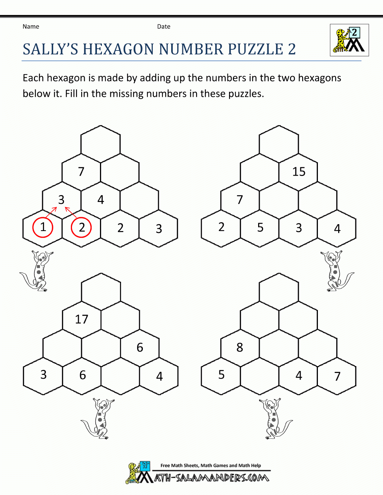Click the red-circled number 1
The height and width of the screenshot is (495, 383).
[x=43, y=227]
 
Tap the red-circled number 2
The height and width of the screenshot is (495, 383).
[x=82, y=227]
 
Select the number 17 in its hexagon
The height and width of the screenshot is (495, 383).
[x=82, y=319]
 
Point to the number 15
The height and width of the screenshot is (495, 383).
[x=299, y=172]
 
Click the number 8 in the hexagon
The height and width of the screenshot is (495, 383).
[x=240, y=347]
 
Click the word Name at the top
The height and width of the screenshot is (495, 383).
[x=31, y=26]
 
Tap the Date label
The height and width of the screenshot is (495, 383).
[x=164, y=26]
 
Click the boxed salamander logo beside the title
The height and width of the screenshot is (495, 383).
[x=349, y=40]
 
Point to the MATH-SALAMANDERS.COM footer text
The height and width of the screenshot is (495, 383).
[x=211, y=478]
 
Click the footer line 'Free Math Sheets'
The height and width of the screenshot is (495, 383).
[x=211, y=466]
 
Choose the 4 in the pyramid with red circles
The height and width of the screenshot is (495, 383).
[x=101, y=200]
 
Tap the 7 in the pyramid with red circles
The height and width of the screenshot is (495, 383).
[x=81, y=172]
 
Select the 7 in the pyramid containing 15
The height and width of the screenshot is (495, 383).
[x=240, y=200]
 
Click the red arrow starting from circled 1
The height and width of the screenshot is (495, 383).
[x=51, y=213]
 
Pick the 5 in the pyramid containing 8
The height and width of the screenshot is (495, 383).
[x=221, y=375]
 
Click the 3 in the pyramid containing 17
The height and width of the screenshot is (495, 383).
[x=43, y=375]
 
